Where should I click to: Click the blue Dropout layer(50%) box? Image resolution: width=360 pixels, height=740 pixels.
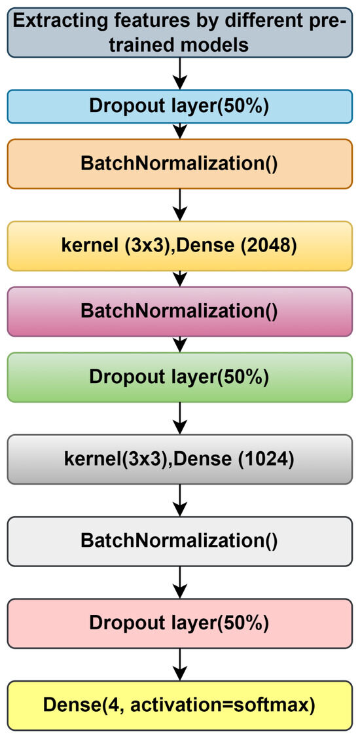click(179, 107)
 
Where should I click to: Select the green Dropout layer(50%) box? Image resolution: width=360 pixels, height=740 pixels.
click(179, 377)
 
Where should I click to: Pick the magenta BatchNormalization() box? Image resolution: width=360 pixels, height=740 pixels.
click(179, 310)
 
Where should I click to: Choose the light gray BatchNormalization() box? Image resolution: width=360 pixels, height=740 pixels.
click(179, 540)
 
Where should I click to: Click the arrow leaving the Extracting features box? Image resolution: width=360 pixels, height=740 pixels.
click(179, 74)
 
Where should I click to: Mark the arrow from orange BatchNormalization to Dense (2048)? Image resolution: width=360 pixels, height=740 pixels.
click(179, 205)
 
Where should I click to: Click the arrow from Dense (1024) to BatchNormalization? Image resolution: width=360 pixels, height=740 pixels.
click(179, 500)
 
